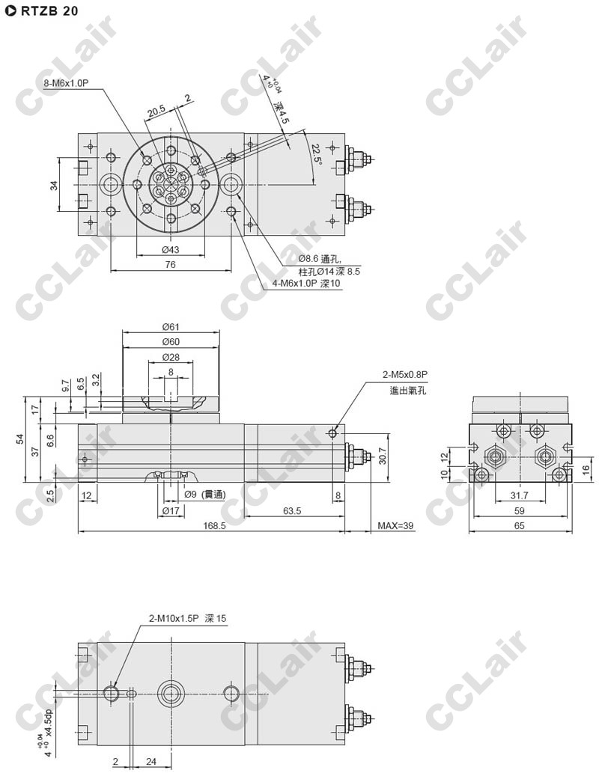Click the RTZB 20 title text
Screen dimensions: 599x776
tap(49, 11)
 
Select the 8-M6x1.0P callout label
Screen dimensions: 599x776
tap(67, 84)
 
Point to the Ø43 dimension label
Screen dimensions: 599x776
tap(170, 249)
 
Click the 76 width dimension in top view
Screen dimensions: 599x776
tap(170, 264)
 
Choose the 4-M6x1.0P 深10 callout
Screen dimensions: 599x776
tap(306, 284)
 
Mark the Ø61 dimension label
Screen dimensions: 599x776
tap(170, 326)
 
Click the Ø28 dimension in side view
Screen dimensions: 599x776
tap(171, 357)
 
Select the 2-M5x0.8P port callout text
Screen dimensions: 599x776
tap(405, 374)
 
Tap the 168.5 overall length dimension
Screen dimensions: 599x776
tap(214, 525)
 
